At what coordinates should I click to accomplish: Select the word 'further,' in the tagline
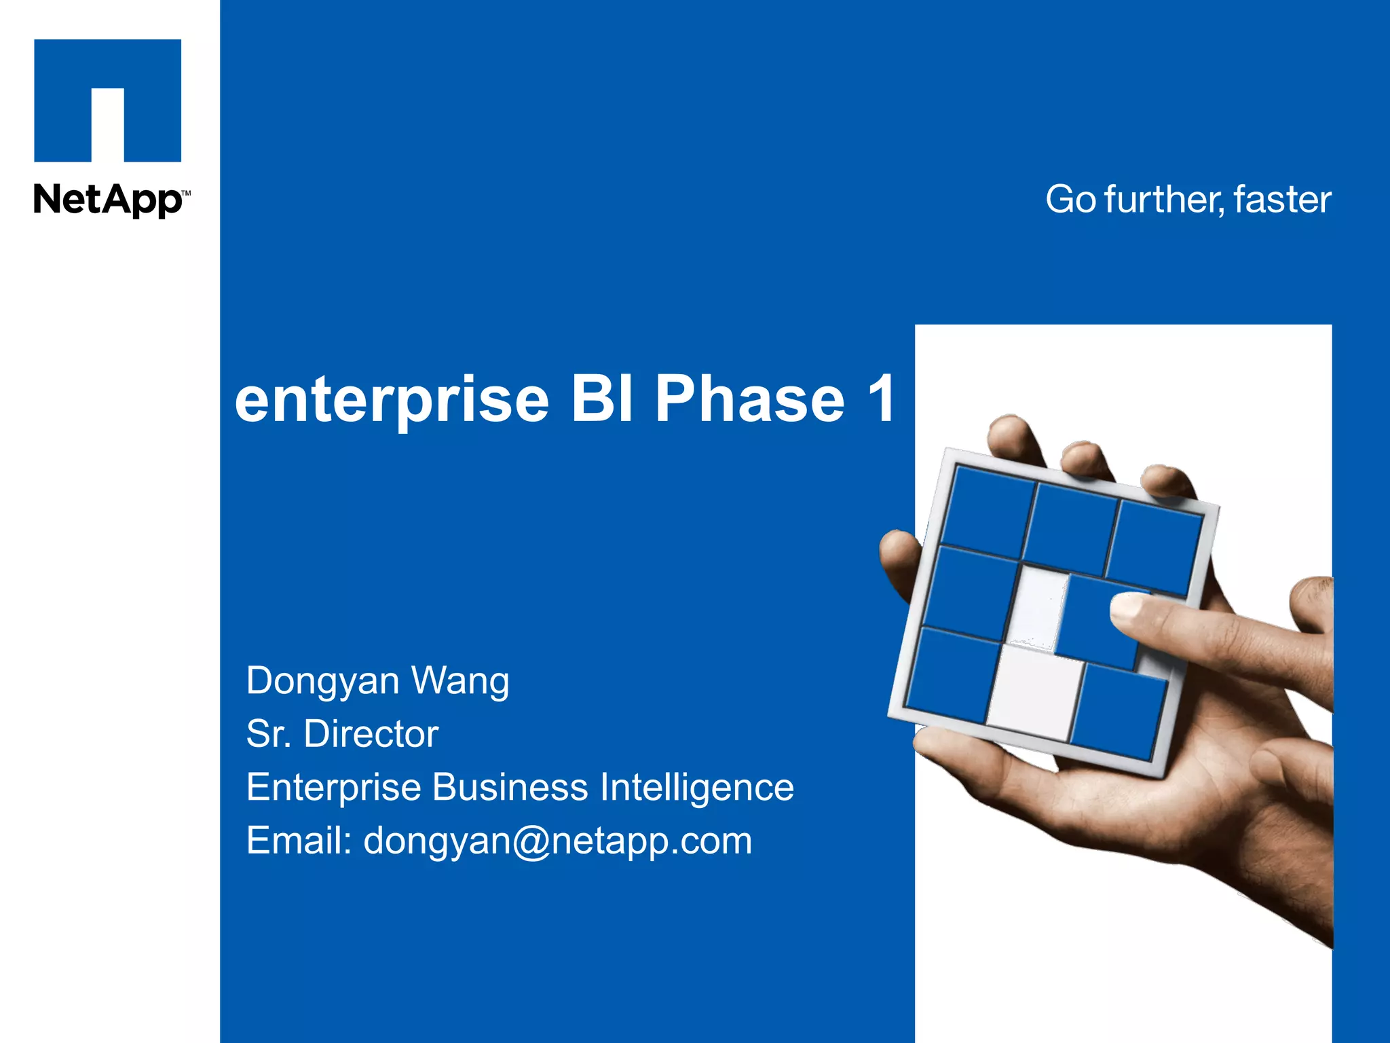pyautogui.click(x=1165, y=200)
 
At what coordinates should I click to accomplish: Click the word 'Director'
pyautogui.click(x=371, y=734)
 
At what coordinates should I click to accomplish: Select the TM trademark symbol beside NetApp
pyautogui.click(x=187, y=194)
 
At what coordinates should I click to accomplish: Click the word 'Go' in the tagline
pyautogui.click(x=1070, y=200)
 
